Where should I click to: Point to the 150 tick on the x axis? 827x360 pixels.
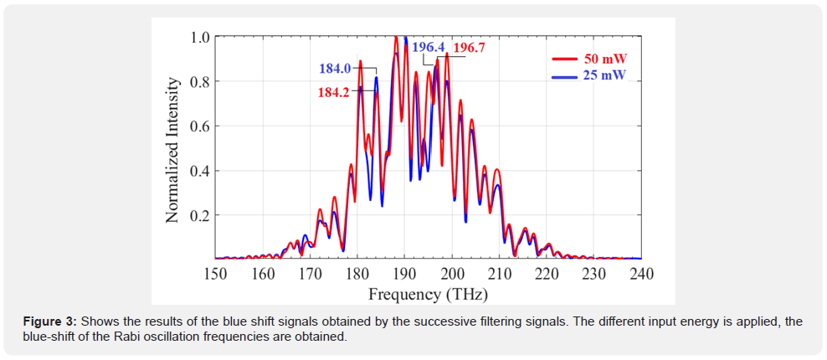click(215, 274)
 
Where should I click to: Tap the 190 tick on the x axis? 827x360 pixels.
click(405, 274)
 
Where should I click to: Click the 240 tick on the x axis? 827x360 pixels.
click(641, 274)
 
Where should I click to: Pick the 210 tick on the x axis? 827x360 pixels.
click(500, 274)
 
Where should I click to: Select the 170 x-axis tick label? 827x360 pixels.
click(311, 274)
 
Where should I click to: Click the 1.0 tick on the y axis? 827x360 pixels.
click(199, 37)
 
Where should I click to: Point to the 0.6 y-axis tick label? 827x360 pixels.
click(199, 126)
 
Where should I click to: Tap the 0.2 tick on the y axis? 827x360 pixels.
click(199, 215)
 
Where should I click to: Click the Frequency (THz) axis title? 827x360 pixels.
click(428, 294)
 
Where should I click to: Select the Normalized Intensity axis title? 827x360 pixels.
click(172, 150)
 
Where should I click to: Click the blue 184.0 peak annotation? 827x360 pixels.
click(334, 69)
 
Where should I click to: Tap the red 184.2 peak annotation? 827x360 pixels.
click(334, 92)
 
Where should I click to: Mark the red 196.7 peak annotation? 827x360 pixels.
click(469, 48)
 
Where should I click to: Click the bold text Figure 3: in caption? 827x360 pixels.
click(49, 321)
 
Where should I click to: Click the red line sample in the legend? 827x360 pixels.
click(564, 59)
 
